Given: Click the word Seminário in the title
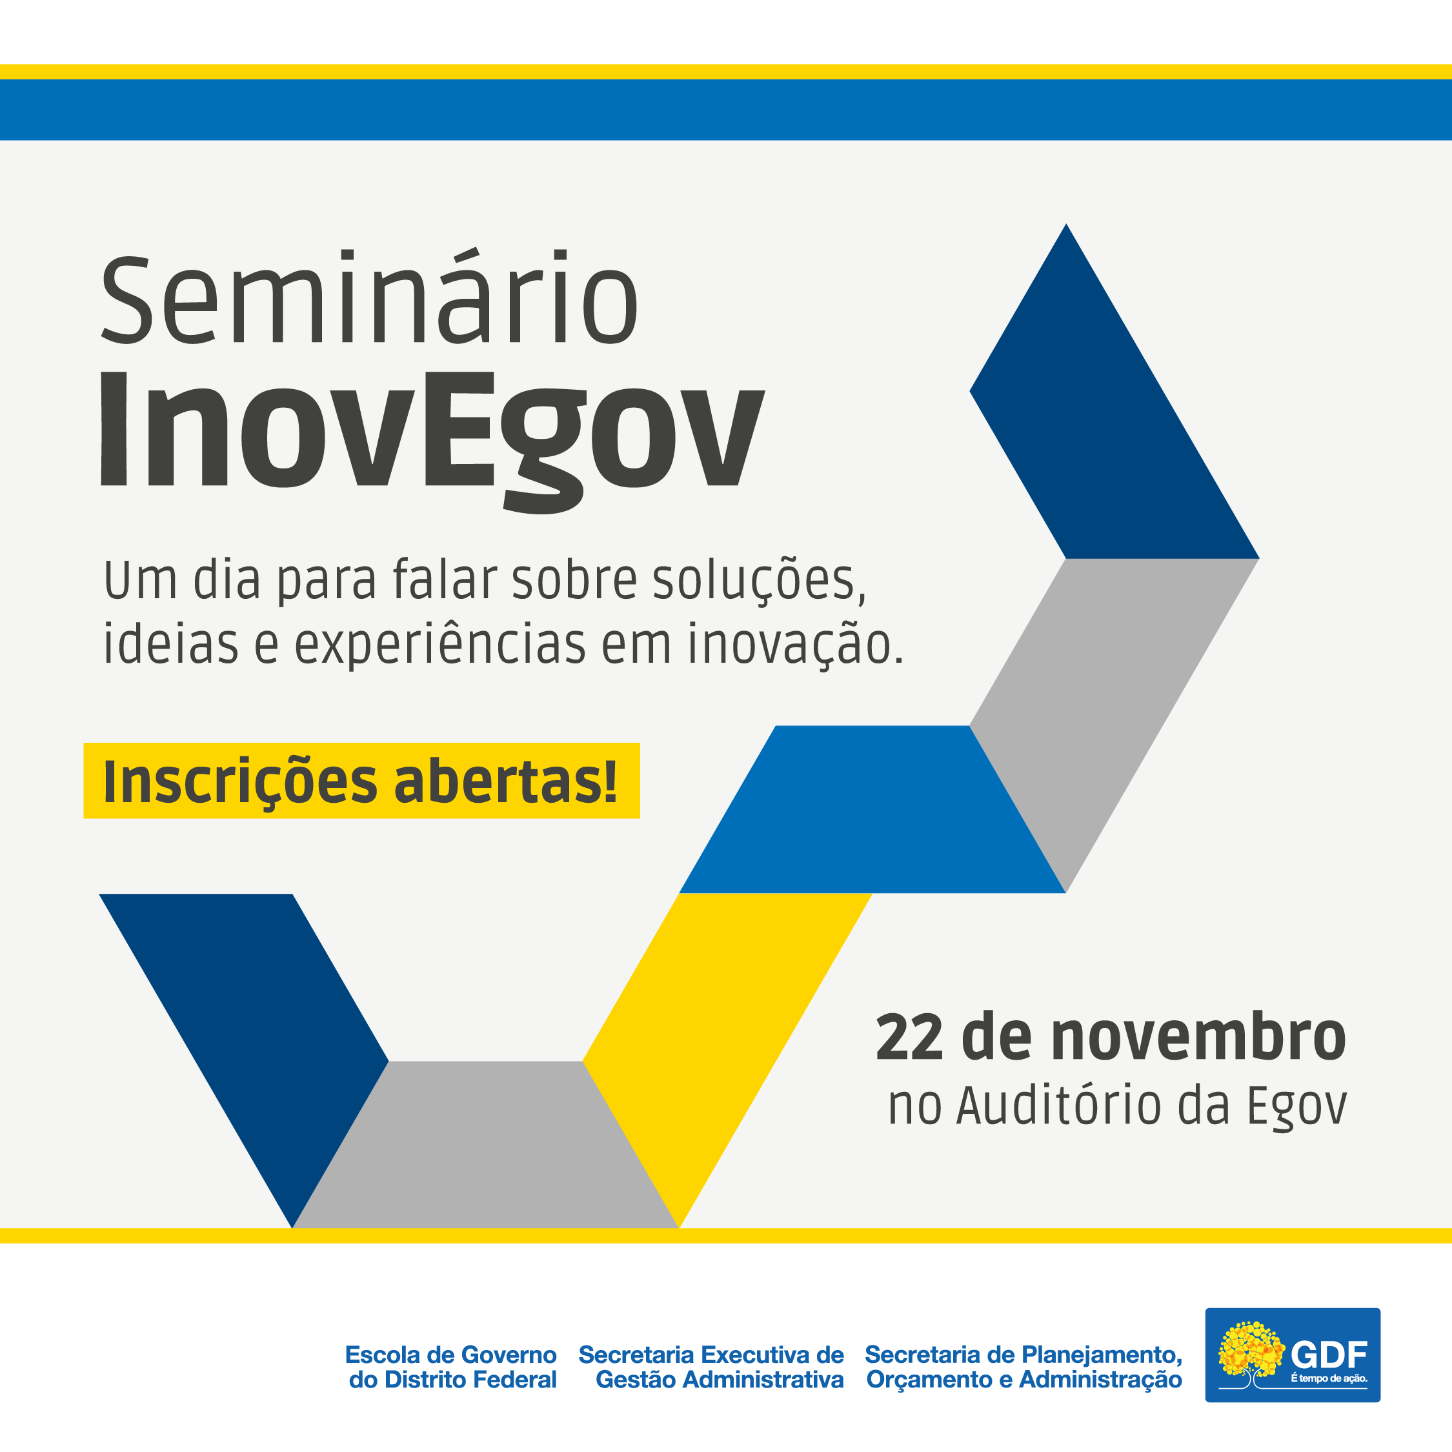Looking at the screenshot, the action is pyautogui.click(x=370, y=297).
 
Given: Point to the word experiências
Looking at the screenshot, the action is pyautogui.click(x=439, y=645).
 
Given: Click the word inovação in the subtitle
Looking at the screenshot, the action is pyautogui.click(x=795, y=645).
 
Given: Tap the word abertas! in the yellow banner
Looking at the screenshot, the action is pyautogui.click(x=506, y=781).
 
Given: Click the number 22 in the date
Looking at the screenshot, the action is pyautogui.click(x=909, y=1038).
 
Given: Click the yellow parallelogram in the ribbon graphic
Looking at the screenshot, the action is pyautogui.click(x=727, y=1060).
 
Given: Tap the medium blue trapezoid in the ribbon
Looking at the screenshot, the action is pyautogui.click(x=872, y=809).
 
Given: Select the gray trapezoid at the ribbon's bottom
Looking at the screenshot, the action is pyautogui.click(x=485, y=1145).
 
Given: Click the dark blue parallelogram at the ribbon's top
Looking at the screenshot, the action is pyautogui.click(x=1114, y=392).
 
